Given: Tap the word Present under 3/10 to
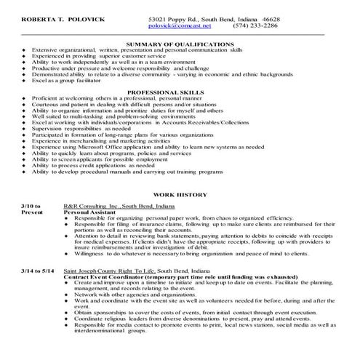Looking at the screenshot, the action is pos(33,215).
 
